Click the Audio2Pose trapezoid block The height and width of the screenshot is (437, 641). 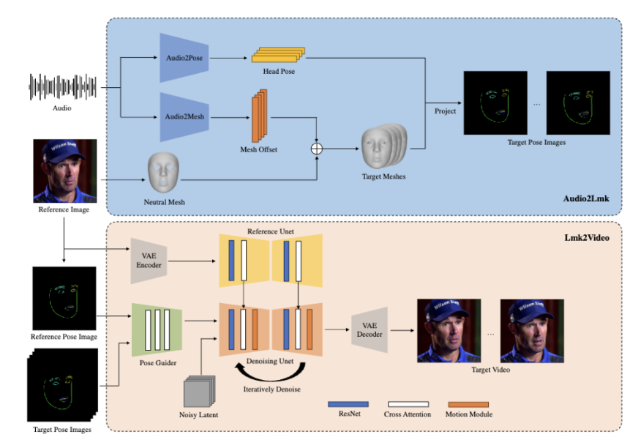click(184, 58)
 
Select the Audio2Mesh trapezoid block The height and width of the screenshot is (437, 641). click(184, 116)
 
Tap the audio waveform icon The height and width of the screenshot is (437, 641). click(62, 87)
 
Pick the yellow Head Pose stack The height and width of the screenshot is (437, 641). click(278, 55)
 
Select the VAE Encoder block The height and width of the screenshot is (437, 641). click(149, 261)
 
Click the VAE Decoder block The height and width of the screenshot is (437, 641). click(369, 329)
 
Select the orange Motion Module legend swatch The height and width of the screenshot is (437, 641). click(468, 403)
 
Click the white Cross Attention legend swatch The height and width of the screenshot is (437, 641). click(407, 403)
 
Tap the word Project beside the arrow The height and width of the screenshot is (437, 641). click(445, 111)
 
